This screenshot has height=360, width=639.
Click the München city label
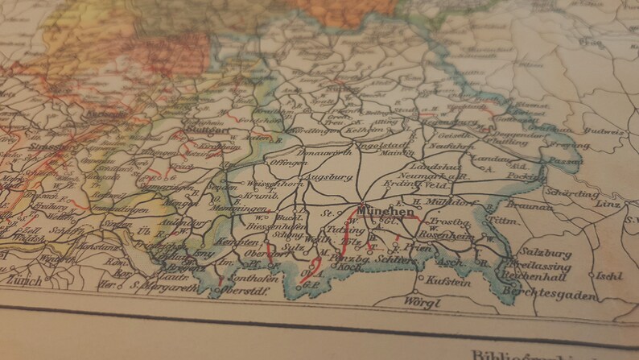click(x=389, y=212)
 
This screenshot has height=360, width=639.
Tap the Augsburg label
click(x=329, y=175)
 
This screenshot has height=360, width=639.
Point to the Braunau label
click(x=528, y=205)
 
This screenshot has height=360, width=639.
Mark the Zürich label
click(x=24, y=279)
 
